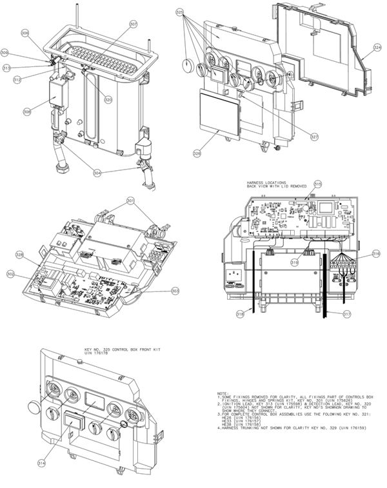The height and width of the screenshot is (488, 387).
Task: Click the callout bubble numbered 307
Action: coord(134,24)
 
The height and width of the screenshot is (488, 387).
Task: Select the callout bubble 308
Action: coord(27,112)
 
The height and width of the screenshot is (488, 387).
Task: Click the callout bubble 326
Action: coord(197,153)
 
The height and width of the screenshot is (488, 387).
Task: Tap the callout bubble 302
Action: coord(10,274)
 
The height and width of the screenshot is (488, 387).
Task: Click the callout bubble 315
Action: coord(317,184)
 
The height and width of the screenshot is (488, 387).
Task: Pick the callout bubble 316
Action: coord(376,255)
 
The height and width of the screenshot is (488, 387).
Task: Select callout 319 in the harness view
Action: coord(294,263)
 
